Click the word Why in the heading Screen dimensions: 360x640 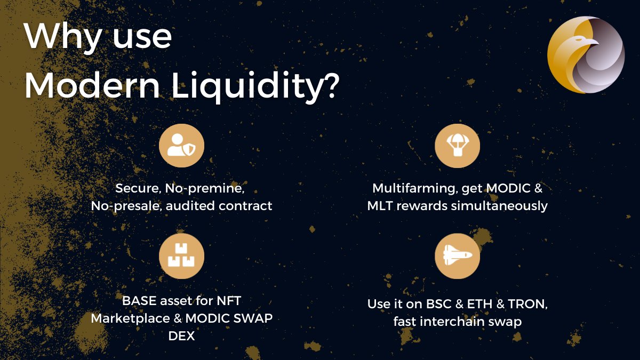[60, 37]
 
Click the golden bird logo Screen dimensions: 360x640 [586, 54]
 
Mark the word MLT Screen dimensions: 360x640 [380, 205]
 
